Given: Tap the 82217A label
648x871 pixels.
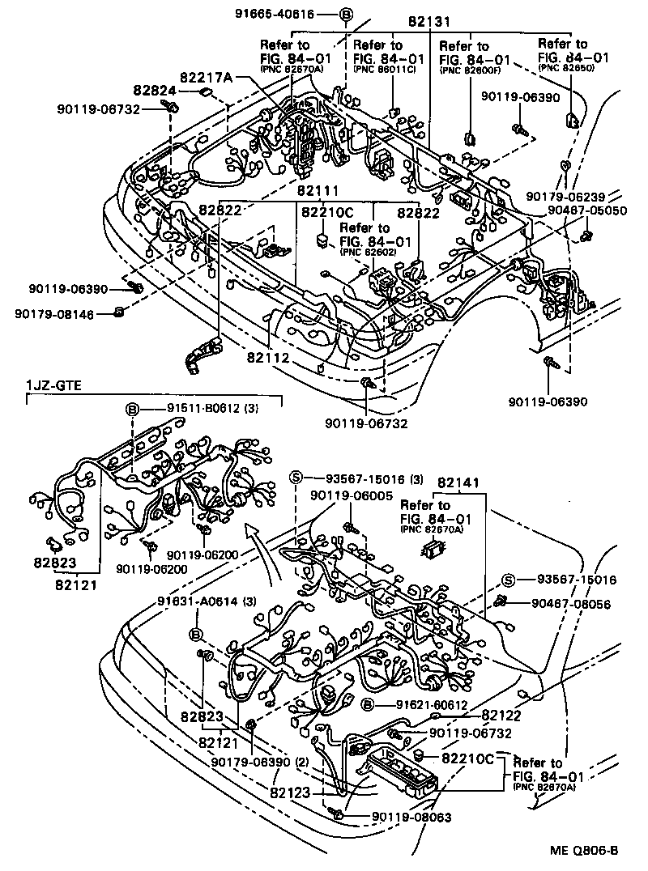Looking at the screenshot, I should click(x=207, y=77).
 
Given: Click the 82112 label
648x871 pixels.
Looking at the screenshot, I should click(x=270, y=356).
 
